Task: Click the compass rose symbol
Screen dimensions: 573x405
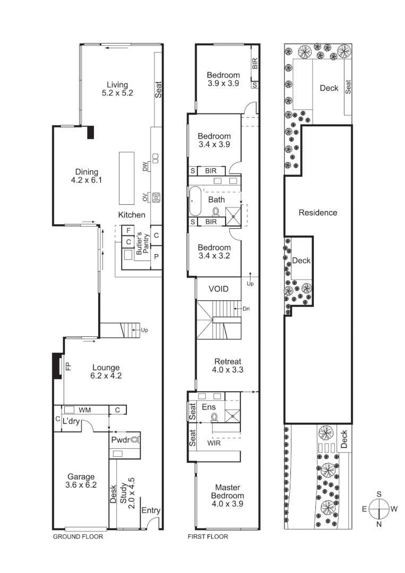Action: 379,509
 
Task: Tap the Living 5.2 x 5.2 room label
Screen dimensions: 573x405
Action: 117,89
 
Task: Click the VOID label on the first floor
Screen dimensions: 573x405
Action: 218,289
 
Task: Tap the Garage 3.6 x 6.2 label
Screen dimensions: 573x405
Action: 81,480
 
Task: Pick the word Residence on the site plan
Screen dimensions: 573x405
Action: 317,213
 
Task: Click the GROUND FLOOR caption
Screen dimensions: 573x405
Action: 78,536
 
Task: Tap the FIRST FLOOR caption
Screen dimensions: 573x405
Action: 208,536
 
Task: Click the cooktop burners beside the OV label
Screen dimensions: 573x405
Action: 157,198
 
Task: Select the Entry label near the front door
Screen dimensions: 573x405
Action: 151,510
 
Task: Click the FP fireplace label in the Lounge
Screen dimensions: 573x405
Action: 68,366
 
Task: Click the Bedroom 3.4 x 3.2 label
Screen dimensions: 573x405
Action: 214,251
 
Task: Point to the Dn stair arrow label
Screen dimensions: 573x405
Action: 246,308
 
